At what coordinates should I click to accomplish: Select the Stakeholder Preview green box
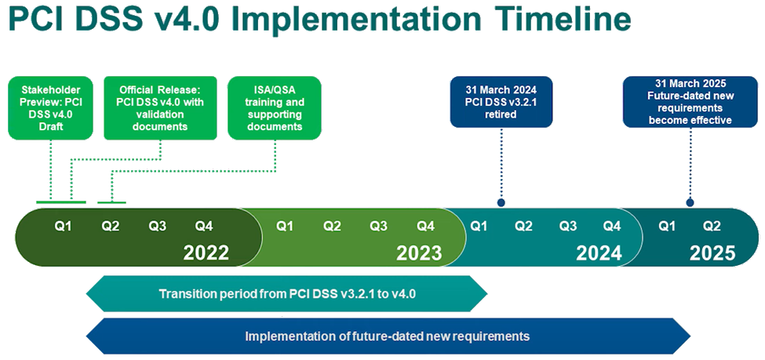50,107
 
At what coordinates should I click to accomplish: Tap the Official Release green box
161,107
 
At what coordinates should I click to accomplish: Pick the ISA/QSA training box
275,107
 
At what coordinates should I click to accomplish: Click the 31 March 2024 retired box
501,102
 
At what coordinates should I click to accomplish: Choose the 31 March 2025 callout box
690,102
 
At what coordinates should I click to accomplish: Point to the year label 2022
206,253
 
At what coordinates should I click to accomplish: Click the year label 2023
419,253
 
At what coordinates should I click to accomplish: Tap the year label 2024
599,253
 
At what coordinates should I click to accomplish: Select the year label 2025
712,253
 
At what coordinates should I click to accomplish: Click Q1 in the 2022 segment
63,227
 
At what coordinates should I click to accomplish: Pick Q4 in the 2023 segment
425,227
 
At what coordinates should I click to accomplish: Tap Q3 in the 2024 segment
567,227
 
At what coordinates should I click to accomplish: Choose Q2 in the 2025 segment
712,227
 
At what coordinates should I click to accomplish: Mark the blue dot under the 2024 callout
501,202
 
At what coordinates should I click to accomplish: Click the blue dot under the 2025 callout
690,202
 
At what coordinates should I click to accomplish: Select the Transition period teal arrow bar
287,293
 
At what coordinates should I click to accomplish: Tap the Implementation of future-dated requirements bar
388,336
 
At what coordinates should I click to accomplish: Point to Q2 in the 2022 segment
111,227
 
